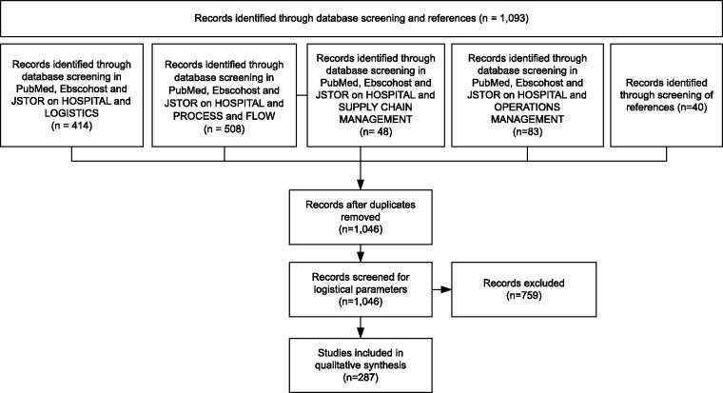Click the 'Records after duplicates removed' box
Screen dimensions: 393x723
pos(361,215)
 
